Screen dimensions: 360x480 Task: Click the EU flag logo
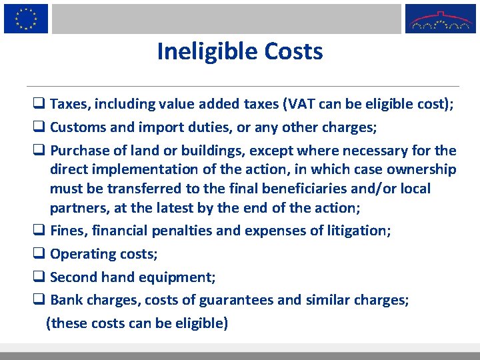pos(26,18)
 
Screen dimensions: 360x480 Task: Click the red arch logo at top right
pos(441,19)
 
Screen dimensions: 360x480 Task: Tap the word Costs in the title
pos(293,51)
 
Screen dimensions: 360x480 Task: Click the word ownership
pos(417,169)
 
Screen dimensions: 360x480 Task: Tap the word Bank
pos(66,300)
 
